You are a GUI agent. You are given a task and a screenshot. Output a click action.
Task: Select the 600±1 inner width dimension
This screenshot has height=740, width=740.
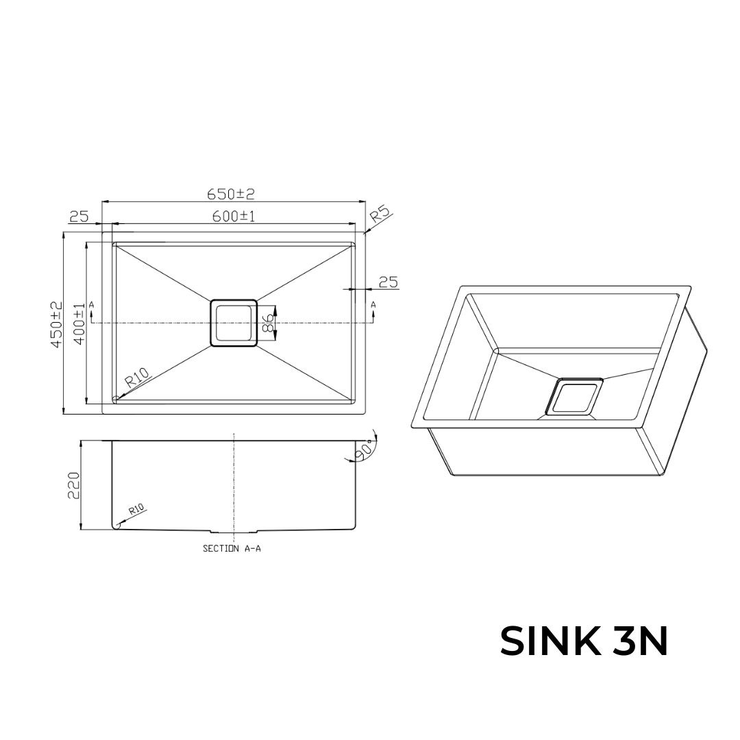click(234, 217)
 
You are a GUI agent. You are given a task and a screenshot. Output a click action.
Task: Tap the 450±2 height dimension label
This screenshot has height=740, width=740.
click(57, 324)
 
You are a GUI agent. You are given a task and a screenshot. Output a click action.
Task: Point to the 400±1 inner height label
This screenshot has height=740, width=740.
click(79, 324)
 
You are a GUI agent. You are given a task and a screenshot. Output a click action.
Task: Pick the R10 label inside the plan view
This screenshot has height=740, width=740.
click(137, 378)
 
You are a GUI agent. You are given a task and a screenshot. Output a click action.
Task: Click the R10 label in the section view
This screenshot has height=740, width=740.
click(136, 509)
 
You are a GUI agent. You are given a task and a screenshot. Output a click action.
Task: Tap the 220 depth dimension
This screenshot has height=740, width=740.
click(75, 485)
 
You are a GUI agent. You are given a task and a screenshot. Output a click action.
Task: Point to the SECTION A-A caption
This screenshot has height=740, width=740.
click(232, 549)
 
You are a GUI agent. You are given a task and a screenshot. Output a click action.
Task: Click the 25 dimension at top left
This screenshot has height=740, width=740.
click(79, 217)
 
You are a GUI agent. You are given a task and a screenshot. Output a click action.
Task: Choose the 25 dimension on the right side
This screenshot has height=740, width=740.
click(388, 282)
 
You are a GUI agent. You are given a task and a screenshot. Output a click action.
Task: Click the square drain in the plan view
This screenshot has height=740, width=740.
click(234, 323)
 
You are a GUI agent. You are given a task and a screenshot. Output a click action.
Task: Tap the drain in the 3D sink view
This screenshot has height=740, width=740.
click(574, 397)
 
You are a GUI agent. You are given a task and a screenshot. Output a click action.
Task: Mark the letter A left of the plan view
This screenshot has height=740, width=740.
click(91, 304)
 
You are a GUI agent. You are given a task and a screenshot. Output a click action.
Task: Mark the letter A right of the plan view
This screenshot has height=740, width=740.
click(373, 304)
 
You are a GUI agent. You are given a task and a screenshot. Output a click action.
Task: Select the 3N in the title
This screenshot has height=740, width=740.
click(640, 641)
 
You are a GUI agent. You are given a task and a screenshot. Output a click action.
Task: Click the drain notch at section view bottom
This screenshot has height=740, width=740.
click(234, 531)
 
